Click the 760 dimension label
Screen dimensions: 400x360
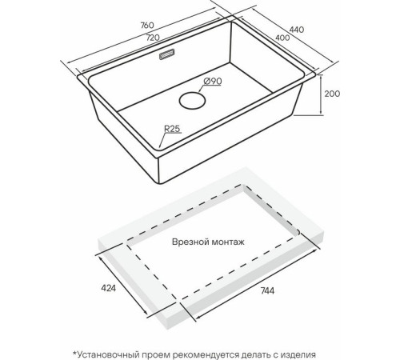pos(147,25)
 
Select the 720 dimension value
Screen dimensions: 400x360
pos(153,38)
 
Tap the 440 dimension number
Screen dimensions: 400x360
pos(297,30)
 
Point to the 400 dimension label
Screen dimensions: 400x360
pos(282,38)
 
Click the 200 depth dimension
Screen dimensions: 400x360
pos(332,94)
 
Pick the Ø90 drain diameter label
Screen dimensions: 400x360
pos(212,81)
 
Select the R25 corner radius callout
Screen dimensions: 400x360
pos(172,129)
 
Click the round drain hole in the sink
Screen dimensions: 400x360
pos(192,100)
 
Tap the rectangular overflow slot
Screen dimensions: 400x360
pos(167,54)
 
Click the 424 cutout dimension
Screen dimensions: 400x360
pos(109,288)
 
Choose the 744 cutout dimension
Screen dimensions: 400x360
pos(267,290)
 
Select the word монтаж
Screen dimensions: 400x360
pos(227,242)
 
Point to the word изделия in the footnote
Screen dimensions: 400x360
pos(298,355)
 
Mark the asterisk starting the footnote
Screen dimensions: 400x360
pos(74,353)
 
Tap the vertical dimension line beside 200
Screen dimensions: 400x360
pos(322,95)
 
